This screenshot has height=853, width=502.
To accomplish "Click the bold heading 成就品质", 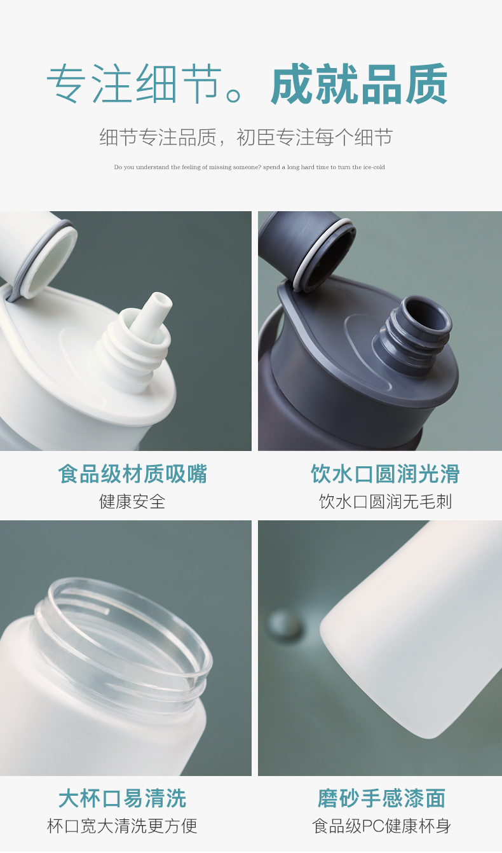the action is pyautogui.click(x=359, y=84).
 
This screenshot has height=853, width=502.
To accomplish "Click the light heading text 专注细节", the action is pyautogui.click(x=134, y=84).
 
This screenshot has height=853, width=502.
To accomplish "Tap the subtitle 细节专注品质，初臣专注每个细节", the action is pyautogui.click(x=246, y=137).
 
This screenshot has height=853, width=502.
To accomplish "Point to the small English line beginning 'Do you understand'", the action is pyautogui.click(x=250, y=167).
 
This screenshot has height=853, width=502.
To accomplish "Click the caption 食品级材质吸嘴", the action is pyautogui.click(x=132, y=474).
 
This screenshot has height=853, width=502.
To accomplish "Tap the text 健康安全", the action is pyautogui.click(x=132, y=501).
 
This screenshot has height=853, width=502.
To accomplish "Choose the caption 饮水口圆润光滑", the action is pyautogui.click(x=385, y=474).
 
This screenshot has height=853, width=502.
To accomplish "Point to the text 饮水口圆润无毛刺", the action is pyautogui.click(x=385, y=501).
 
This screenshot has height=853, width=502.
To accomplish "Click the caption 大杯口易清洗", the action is pyautogui.click(x=123, y=798).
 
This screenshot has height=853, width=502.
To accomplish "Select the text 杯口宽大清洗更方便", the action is pyautogui.click(x=123, y=826).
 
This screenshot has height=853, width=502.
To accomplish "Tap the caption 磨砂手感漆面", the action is pyautogui.click(x=381, y=798).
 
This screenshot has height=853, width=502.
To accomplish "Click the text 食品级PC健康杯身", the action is pyautogui.click(x=381, y=826).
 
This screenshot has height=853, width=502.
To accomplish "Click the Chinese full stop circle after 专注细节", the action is pyautogui.click(x=233, y=95).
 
